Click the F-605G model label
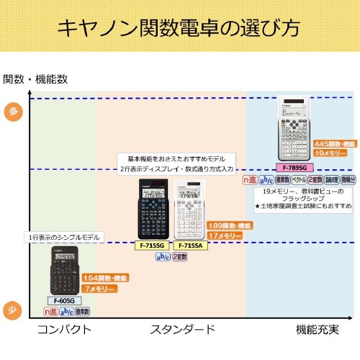63,300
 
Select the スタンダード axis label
182,330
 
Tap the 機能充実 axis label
318,330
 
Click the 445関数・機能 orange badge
334,144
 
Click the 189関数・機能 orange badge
230,225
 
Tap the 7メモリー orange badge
99,288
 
